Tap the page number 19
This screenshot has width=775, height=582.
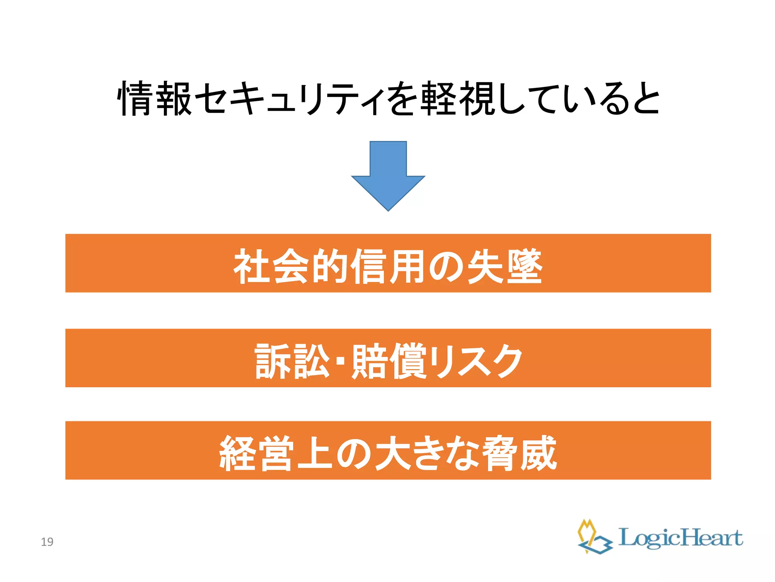click(47, 542)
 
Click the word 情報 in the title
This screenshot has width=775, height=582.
click(155, 98)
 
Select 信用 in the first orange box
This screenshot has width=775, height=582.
click(388, 266)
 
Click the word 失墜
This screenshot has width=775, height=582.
click(505, 266)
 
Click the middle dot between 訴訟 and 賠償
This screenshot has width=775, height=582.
click(340, 361)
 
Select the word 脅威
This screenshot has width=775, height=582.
click(520, 453)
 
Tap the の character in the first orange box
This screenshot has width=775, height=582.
click(447, 266)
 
